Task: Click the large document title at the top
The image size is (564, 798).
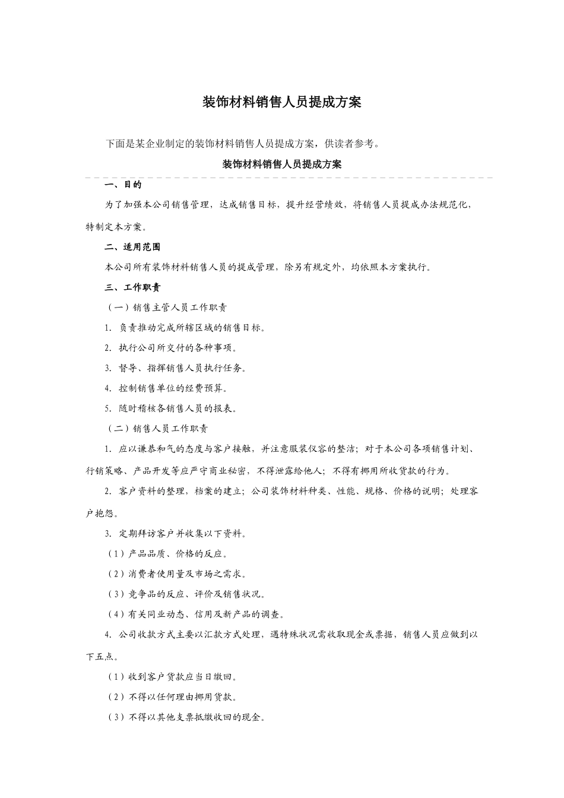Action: pos(282,102)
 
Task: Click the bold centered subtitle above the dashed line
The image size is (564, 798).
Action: pos(282,164)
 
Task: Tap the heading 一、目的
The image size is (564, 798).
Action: pos(123,185)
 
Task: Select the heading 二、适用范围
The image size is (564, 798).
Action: pos(132,247)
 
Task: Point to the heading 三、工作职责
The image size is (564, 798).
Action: pos(132,287)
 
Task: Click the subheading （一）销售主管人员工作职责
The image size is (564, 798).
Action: pos(166,308)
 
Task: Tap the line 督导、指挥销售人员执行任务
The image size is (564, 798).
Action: pos(176,368)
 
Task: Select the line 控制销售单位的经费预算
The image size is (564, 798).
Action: pos(167,388)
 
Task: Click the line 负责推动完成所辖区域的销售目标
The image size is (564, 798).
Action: pos(186,328)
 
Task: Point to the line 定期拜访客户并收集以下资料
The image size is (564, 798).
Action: pos(176,533)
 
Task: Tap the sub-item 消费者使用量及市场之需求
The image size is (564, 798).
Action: pos(176,574)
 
